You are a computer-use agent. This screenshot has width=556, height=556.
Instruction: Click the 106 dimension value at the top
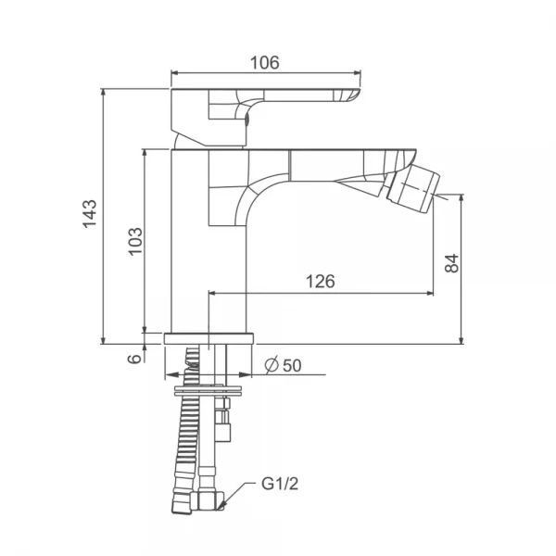tap(264, 63)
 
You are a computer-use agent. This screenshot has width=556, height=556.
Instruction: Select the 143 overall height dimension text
tap(89, 213)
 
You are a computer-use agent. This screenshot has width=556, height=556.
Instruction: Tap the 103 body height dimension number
tap(135, 241)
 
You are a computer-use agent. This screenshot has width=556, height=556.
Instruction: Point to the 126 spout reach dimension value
tap(321, 281)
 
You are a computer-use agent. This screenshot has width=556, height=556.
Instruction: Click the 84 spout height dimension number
tap(451, 263)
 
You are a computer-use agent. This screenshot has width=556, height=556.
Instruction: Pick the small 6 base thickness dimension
tap(134, 359)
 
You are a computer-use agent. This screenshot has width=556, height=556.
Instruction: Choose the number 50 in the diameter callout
tap(292, 366)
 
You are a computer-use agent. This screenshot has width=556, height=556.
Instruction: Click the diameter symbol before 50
tap(272, 365)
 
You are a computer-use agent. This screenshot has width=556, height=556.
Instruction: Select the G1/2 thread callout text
tap(280, 484)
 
